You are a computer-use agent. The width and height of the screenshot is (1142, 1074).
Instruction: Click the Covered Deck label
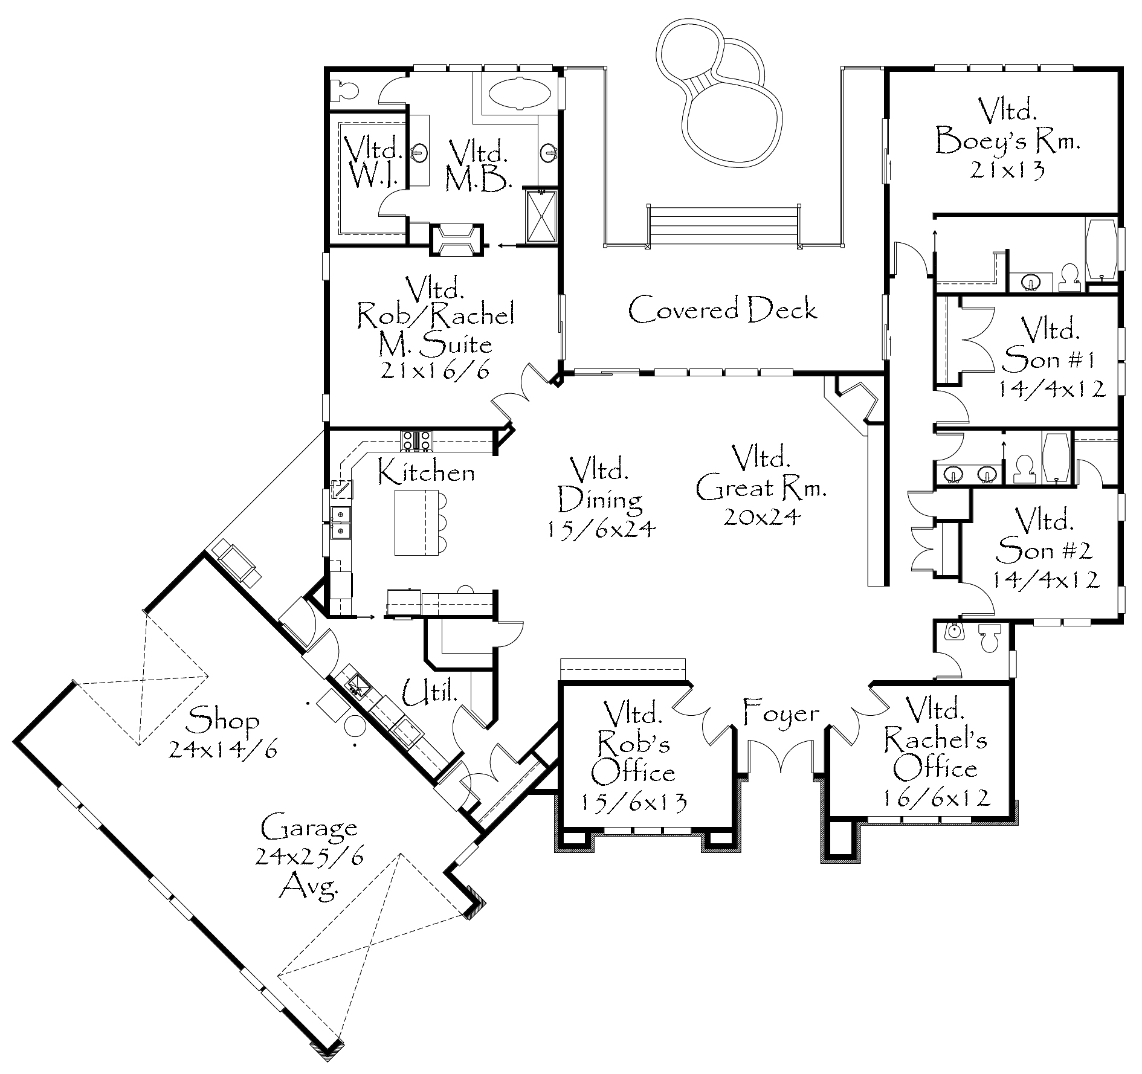coord(723,309)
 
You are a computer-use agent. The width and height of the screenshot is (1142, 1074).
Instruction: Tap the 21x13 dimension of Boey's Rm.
coord(1007,171)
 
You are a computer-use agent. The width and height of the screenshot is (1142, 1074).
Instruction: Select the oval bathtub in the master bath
coord(519,94)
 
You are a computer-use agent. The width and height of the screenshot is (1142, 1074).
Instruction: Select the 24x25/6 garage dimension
coord(310,857)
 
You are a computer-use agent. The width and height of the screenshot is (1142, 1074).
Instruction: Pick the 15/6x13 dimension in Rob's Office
coord(634,802)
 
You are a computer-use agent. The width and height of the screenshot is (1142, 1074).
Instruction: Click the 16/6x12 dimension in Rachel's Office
coord(937,798)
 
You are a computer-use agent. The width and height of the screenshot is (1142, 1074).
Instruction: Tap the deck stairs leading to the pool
coord(723,227)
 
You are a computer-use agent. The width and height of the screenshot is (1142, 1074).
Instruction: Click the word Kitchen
coord(427,472)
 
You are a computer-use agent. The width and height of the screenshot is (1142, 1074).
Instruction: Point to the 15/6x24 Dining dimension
coord(602,529)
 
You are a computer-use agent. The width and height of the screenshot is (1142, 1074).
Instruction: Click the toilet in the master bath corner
coord(347,91)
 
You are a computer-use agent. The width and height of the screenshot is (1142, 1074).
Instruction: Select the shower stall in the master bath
coord(541,217)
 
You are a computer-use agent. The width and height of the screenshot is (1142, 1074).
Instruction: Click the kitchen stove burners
coord(416,441)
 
